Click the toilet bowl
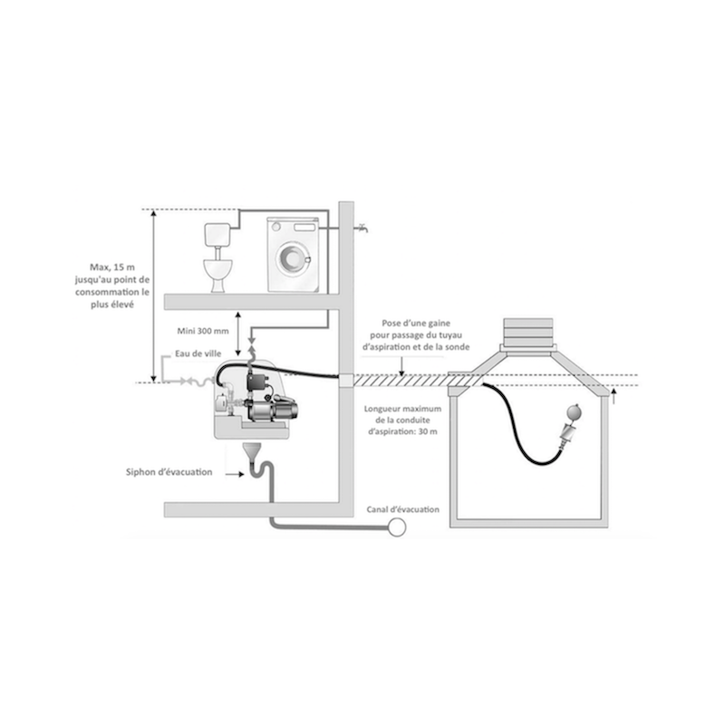coord(217,272)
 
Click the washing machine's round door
coord(292,259)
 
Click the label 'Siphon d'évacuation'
coord(170,471)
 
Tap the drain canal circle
coord(396,525)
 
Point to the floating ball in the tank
coord(573,409)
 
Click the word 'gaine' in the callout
coord(440,322)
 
